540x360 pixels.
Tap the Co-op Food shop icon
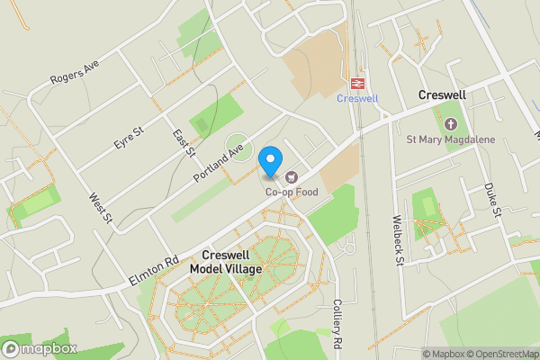pos(290,176)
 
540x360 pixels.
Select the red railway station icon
pos(357,83)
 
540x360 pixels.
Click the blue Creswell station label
pos(357,98)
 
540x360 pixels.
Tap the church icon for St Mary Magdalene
pos(451,123)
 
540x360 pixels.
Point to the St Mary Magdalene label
pos(451,139)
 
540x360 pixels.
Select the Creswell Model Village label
pos(226,262)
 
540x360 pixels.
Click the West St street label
pos(100,208)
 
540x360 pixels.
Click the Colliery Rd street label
pos(338,324)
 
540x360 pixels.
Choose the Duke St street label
pos(490,200)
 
